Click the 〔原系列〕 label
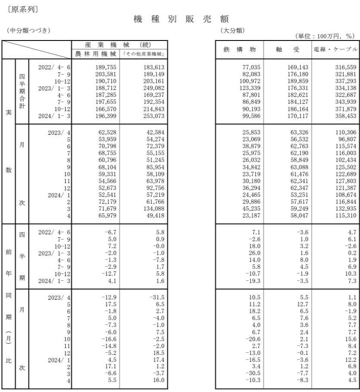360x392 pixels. click(22, 8)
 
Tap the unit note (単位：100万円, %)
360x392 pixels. click(325, 36)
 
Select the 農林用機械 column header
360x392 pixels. click(95, 54)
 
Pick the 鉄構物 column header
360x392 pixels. click(239, 50)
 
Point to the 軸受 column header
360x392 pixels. click(288, 50)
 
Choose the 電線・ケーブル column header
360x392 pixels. click(335, 50)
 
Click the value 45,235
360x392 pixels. click(248, 208)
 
